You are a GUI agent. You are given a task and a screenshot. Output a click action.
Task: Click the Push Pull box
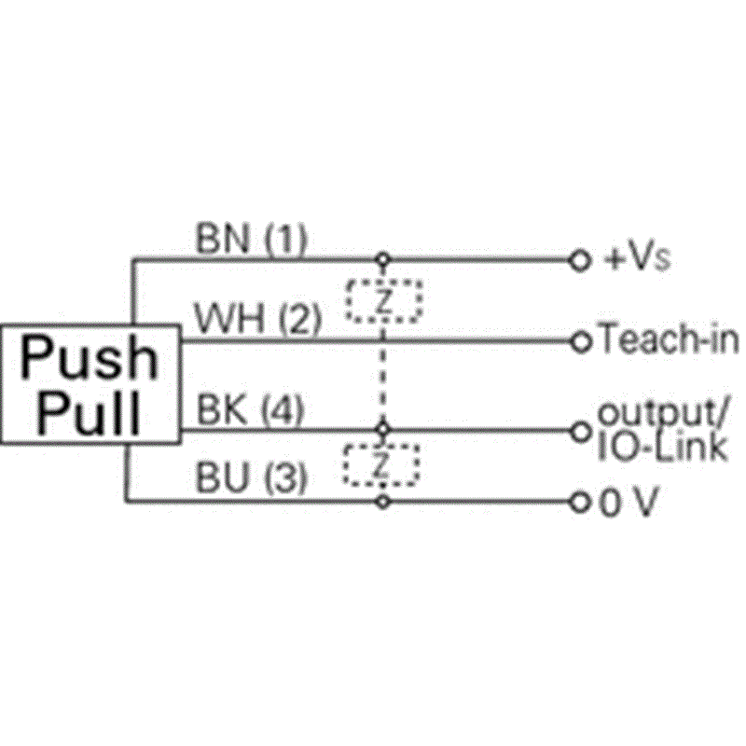(x=90, y=384)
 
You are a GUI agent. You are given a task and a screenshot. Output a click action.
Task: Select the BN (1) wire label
(x=251, y=239)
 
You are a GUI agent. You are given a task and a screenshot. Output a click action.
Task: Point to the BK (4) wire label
(x=250, y=409)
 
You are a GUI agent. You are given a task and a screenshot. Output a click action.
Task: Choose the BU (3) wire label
(x=251, y=477)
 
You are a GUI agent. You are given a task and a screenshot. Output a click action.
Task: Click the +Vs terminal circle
(x=579, y=261)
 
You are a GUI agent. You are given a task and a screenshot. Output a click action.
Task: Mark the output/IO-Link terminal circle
(x=580, y=432)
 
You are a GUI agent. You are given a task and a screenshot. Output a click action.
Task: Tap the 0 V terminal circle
(x=579, y=503)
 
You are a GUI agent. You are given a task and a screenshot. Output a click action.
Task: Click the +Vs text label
(x=636, y=259)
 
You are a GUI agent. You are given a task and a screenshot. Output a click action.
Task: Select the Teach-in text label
(x=670, y=338)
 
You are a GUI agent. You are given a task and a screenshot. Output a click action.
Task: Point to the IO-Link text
(x=663, y=448)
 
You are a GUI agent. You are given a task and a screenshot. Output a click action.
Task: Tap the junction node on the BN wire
(x=383, y=260)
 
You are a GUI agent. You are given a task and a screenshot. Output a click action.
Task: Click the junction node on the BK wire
(x=383, y=430)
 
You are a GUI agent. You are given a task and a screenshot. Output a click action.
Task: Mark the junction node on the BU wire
(x=383, y=502)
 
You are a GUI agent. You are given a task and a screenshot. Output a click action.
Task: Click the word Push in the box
(x=89, y=358)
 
